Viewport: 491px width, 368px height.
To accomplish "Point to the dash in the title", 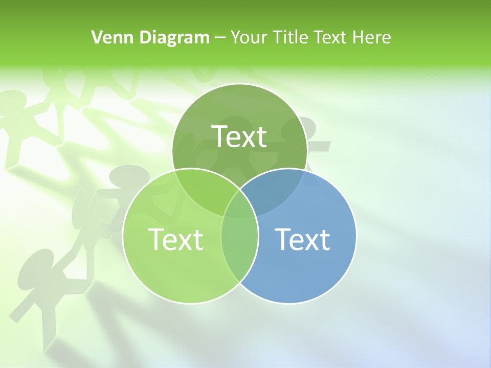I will (x=220, y=38).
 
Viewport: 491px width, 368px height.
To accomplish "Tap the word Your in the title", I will (x=248, y=37).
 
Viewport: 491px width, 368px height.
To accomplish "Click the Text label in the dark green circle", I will (x=239, y=136).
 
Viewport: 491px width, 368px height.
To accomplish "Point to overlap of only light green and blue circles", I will (x=239, y=245).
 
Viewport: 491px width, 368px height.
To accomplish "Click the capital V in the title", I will (x=96, y=37).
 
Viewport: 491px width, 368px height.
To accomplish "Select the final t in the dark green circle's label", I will (x=261, y=137).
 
